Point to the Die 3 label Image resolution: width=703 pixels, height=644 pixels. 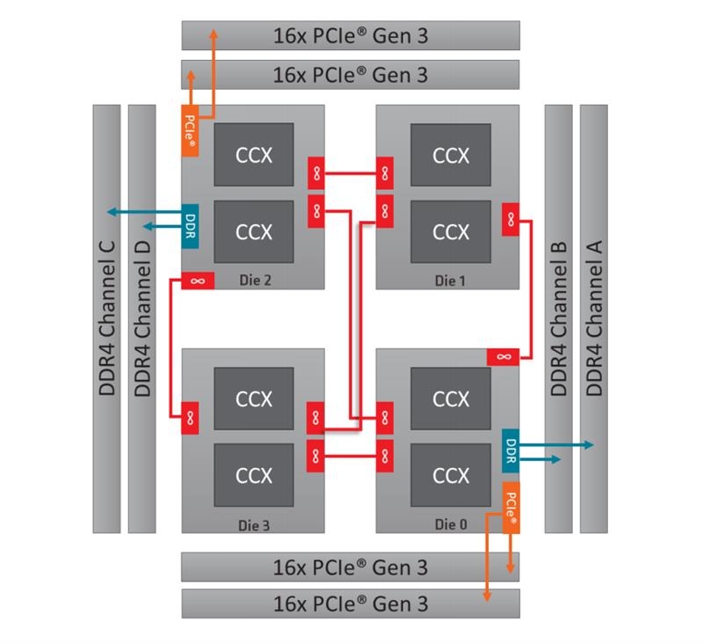coord(254,524)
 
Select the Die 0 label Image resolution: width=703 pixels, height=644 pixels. coord(448,524)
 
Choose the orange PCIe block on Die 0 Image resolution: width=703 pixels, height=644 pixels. coord(511,508)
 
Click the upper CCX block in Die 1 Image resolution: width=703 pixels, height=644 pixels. coord(451,155)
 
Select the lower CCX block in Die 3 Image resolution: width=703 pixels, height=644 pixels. coord(254,475)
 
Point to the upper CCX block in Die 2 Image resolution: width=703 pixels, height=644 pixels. coord(254,155)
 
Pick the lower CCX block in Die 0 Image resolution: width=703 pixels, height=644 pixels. coord(451,475)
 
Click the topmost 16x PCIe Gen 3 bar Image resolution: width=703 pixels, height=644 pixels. coord(350,36)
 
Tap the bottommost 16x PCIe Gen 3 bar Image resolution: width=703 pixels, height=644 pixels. coord(350,604)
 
